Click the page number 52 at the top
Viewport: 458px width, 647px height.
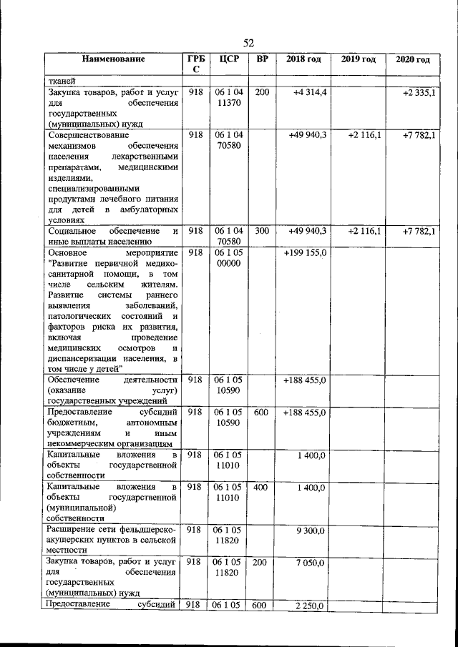248,42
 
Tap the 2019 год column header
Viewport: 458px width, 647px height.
358,59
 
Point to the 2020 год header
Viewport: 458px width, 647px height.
412,59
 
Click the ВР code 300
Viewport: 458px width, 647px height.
261,230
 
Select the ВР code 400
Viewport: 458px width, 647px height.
261,488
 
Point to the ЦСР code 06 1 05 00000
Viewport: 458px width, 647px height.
228,258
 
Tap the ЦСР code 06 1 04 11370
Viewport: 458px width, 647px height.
228,99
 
